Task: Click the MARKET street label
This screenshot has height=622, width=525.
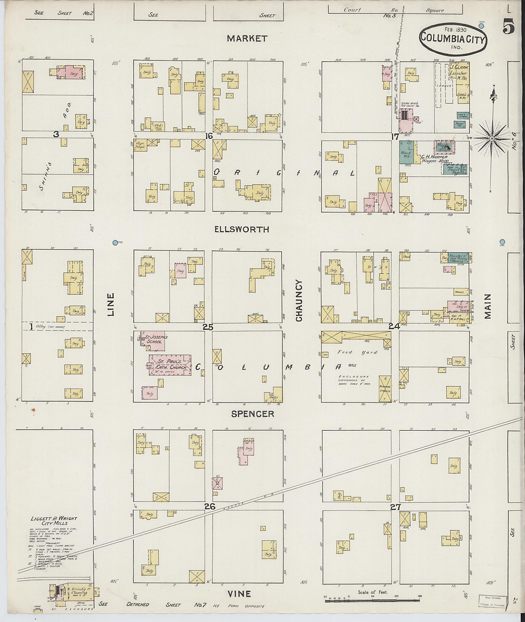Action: coord(248,38)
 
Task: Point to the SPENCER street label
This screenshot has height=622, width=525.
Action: coord(253,414)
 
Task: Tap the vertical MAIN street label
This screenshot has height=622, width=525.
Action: coord(488,306)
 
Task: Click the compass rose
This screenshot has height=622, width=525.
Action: coord(492,139)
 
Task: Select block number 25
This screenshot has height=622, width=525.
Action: coord(208,327)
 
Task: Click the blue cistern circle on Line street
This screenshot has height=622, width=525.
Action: coord(115,243)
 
